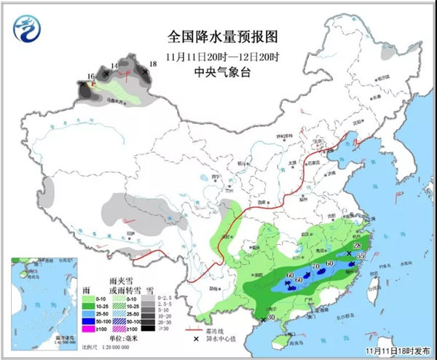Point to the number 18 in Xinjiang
(152, 65)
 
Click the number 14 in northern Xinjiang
(114, 66)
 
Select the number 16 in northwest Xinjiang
(91, 77)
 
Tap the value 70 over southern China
(315, 267)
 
